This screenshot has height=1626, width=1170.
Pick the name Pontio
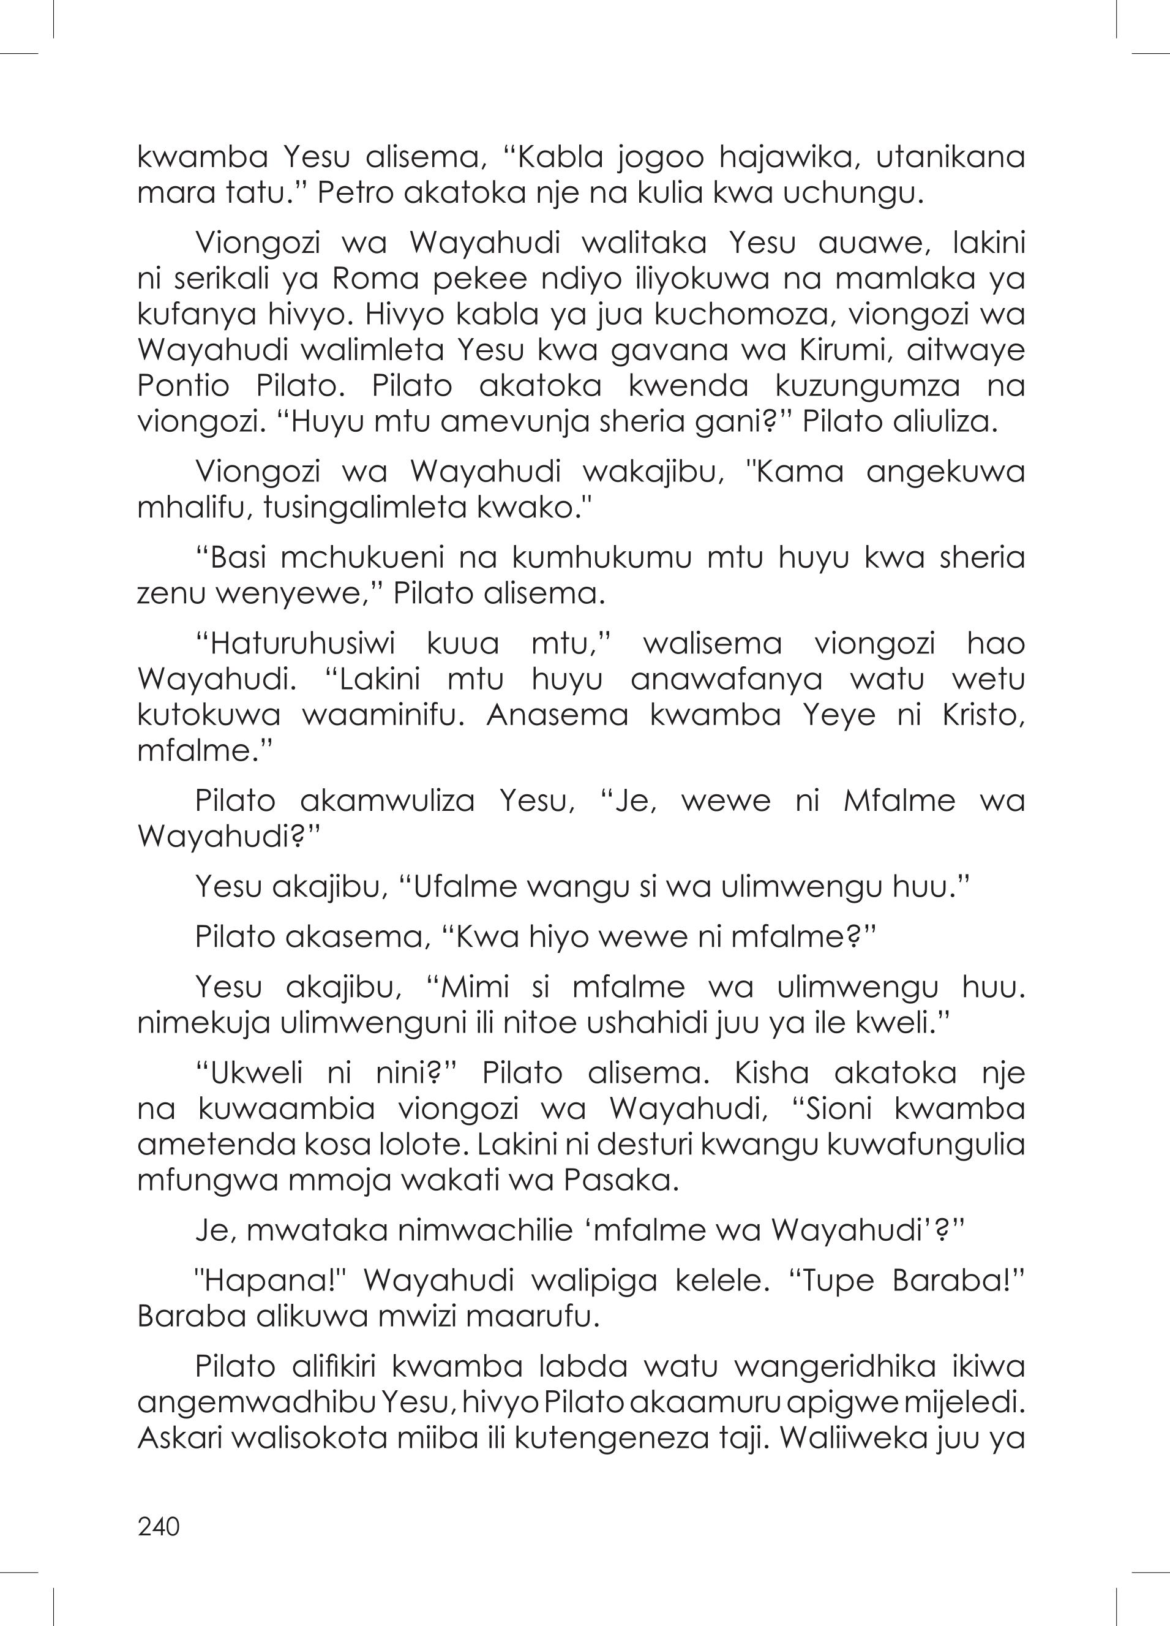[183, 386]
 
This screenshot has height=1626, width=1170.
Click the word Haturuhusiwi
[303, 644]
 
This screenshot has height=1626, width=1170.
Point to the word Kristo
[983, 716]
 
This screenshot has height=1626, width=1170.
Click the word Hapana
[272, 1282]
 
